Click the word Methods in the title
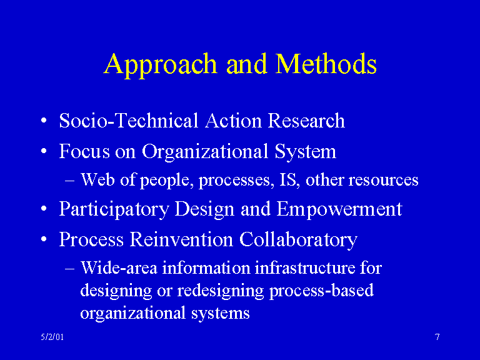click(326, 64)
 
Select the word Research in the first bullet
click(306, 120)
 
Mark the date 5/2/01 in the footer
click(49, 337)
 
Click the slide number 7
click(437, 337)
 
